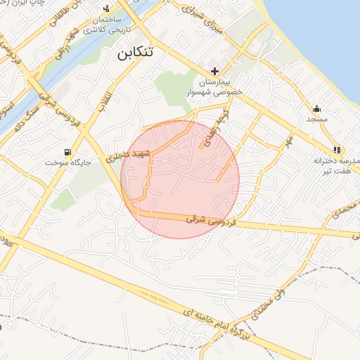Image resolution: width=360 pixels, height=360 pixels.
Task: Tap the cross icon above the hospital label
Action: [214, 72]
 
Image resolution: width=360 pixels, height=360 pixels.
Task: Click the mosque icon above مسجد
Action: [317, 109]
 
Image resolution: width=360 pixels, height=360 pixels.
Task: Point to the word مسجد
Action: [317, 120]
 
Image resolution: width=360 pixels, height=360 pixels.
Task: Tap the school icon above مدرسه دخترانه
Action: [337, 150]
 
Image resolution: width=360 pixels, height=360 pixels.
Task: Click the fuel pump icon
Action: [67, 152]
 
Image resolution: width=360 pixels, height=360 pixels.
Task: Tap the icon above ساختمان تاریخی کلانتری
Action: [106, 8]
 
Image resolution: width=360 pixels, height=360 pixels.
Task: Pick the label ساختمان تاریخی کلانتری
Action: [103, 25]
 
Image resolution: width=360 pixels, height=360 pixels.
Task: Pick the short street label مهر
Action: [288, 141]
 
